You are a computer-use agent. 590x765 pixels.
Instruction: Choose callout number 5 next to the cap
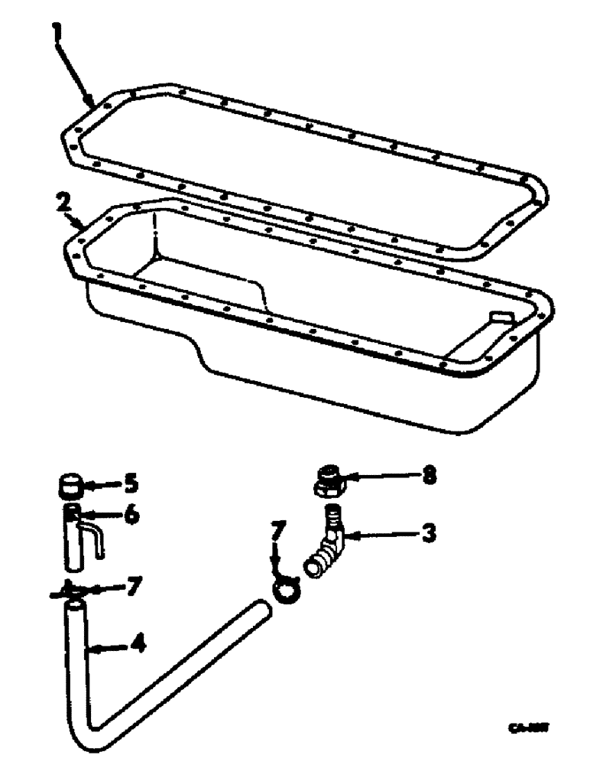(131, 483)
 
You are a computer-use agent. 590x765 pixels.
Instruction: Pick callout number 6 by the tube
(132, 515)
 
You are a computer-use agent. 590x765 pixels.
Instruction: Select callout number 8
(430, 475)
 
